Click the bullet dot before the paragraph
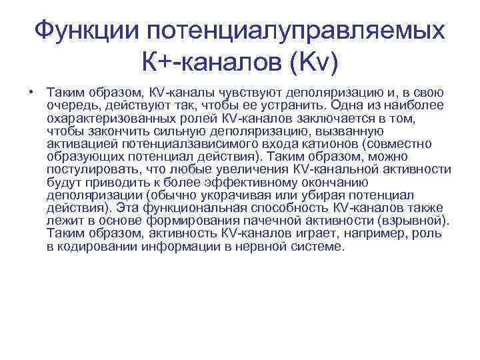[x=31, y=93]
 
